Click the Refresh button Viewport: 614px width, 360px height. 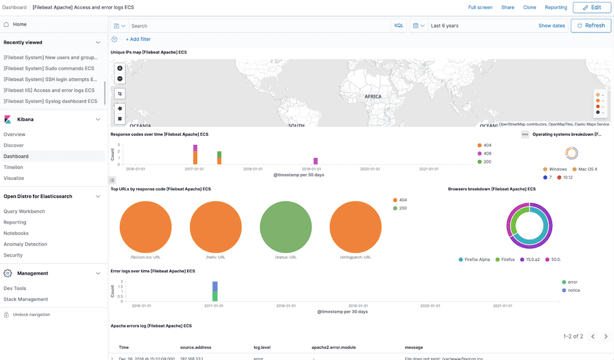(x=590, y=26)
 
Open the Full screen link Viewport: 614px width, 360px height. (x=480, y=7)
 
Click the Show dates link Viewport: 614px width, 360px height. (x=551, y=26)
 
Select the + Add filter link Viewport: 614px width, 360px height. (x=138, y=39)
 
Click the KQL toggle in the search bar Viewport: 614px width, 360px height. (x=398, y=26)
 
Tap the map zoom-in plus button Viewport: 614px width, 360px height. (x=120, y=68)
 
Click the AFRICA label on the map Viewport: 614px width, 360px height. (x=373, y=96)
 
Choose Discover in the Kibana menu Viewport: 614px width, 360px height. (x=14, y=146)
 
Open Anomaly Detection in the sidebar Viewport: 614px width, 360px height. (x=25, y=245)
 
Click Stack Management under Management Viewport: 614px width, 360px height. (x=26, y=299)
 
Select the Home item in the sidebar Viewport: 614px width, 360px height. (x=20, y=25)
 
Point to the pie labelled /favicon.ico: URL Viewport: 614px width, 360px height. (x=146, y=225)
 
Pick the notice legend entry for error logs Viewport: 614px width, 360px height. (x=573, y=290)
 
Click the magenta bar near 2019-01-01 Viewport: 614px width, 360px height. (x=316, y=161)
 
